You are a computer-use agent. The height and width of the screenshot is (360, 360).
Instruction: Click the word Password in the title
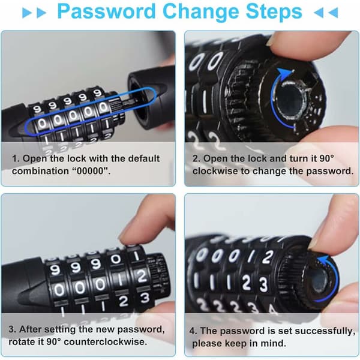pos(106,11)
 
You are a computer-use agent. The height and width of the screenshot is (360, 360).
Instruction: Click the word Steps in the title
pos(274,12)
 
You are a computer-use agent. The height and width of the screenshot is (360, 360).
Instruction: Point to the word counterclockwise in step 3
pos(106,341)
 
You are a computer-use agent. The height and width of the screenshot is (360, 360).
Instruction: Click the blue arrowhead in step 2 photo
pos(284,73)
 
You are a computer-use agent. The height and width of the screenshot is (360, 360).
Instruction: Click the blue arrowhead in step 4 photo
pos(322,261)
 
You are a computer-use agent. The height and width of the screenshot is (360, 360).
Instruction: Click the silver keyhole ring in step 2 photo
pos(290,100)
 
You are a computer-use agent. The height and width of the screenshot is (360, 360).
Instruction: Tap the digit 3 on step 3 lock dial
pos(145,298)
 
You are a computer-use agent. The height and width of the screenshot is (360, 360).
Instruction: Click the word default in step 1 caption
pos(143,158)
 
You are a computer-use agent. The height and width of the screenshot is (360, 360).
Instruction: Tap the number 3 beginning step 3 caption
pos(11,329)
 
